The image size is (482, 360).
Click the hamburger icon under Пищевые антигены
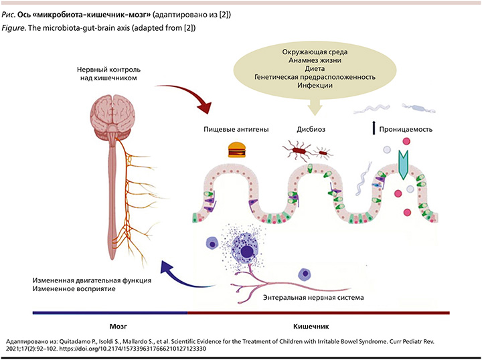point(237,149)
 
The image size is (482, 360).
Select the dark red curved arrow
point(187,95)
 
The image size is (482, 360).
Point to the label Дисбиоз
point(311,129)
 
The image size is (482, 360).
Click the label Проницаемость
point(406,129)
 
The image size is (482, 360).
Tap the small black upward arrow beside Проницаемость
point(374,128)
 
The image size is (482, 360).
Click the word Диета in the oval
point(315,68)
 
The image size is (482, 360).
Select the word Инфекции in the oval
point(315,85)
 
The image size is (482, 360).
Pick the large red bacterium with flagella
point(299,150)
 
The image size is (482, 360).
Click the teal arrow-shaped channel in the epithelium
point(403,165)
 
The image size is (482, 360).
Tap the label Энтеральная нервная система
point(313,297)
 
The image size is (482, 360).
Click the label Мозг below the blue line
point(118,327)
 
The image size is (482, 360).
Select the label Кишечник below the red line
point(311,327)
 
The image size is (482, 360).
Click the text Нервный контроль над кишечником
point(108,74)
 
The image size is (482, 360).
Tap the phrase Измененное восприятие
point(74,289)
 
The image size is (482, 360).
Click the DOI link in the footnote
point(133,349)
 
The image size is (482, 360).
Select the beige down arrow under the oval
point(315,107)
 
